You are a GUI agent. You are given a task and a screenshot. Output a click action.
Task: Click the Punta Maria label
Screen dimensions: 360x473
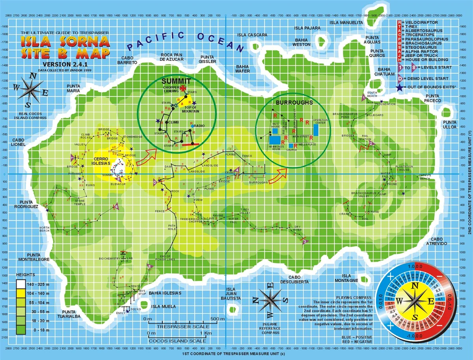click(73, 88)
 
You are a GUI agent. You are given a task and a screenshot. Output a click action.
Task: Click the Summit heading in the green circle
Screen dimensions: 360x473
click(176, 81)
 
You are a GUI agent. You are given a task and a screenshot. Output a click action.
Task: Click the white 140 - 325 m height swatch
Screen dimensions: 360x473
click(22, 283)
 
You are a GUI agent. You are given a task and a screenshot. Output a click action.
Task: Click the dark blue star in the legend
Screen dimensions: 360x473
click(400, 86)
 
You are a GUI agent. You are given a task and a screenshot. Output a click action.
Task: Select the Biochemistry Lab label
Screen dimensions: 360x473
click(115, 258)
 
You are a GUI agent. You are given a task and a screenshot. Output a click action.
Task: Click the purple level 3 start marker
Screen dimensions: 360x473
click(304, 252)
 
